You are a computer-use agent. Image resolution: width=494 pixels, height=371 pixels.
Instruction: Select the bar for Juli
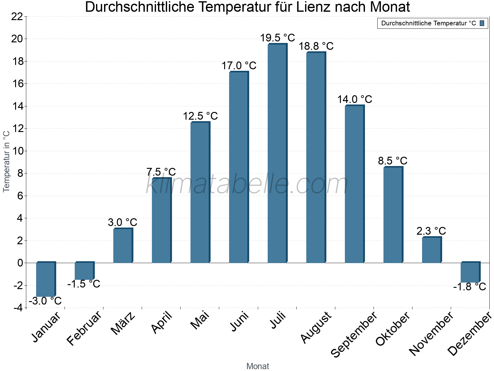pos(277,154)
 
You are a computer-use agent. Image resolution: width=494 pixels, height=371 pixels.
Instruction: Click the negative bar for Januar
pos(46,279)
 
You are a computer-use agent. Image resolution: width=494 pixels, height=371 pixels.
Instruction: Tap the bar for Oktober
pos(393,215)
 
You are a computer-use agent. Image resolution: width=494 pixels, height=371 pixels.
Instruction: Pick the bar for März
pos(123,246)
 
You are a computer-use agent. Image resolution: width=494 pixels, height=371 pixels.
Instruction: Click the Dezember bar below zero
pos(470,272)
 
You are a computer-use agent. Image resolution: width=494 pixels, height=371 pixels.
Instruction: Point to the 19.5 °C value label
pos(277,38)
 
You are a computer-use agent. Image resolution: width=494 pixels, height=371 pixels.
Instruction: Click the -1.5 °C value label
pos(84,284)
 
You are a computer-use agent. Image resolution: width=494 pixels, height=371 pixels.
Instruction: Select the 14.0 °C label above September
pos(354,100)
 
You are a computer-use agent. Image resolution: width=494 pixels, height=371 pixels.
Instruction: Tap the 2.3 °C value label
pos(431,231)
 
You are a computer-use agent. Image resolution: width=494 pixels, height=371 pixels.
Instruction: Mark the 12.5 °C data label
pos(200,116)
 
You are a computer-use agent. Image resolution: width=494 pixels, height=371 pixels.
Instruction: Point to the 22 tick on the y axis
pos(17,17)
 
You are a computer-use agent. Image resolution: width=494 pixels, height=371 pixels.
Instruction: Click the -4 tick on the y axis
pos(18,308)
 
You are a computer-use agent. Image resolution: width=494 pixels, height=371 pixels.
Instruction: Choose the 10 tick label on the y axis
pos(17,151)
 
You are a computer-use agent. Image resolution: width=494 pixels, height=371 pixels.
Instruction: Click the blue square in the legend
pos(482,23)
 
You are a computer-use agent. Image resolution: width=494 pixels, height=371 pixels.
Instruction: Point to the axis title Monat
pos(257,366)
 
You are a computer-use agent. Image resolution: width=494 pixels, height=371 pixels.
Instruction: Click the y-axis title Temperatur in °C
pos(6,161)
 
